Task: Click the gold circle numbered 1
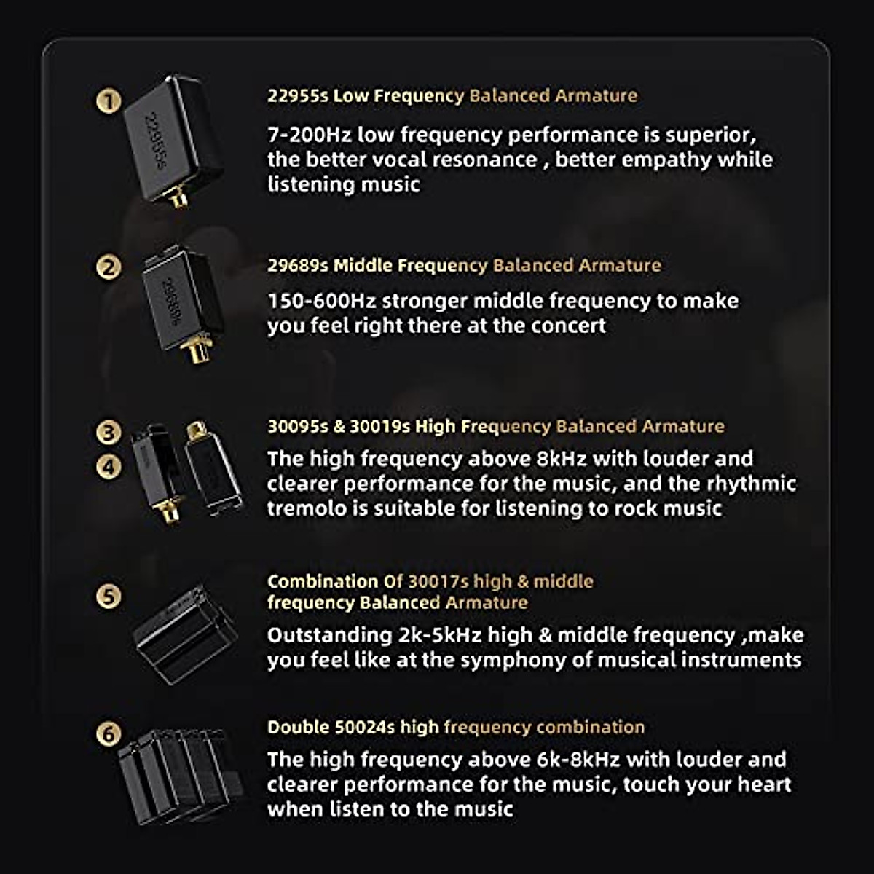tap(109, 101)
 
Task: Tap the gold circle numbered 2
tap(109, 267)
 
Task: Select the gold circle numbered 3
tap(109, 432)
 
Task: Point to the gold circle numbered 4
tap(109, 466)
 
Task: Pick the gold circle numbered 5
tap(109, 597)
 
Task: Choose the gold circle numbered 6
tap(109, 733)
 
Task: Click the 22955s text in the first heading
tap(297, 95)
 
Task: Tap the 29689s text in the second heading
tap(297, 265)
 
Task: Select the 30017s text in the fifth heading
tap(438, 581)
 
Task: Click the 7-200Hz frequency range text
tap(309, 135)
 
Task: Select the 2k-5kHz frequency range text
tap(440, 635)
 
